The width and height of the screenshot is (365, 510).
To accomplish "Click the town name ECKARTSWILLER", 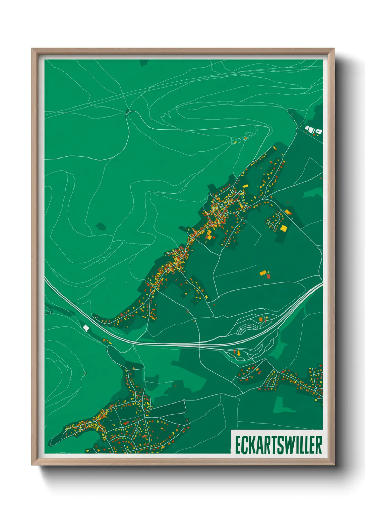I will [278, 445].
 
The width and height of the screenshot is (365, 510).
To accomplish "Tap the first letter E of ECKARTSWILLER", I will [238, 445].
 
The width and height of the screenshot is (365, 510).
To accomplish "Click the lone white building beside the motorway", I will [86, 327].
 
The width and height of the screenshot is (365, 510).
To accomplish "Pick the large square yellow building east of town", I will [284, 228].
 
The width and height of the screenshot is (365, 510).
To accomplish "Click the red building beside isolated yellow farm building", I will [268, 276].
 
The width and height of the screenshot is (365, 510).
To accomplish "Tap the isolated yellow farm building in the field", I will [263, 273].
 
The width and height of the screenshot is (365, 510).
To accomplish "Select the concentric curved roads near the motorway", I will [246, 329].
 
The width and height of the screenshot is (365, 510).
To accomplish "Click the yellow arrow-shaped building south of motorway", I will [239, 353].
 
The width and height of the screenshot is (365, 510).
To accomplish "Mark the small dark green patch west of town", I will [101, 226].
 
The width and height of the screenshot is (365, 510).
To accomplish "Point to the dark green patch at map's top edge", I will [144, 62].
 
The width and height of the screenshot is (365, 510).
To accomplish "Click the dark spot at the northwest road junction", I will [128, 111].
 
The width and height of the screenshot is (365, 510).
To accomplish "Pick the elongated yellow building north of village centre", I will [245, 186].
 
